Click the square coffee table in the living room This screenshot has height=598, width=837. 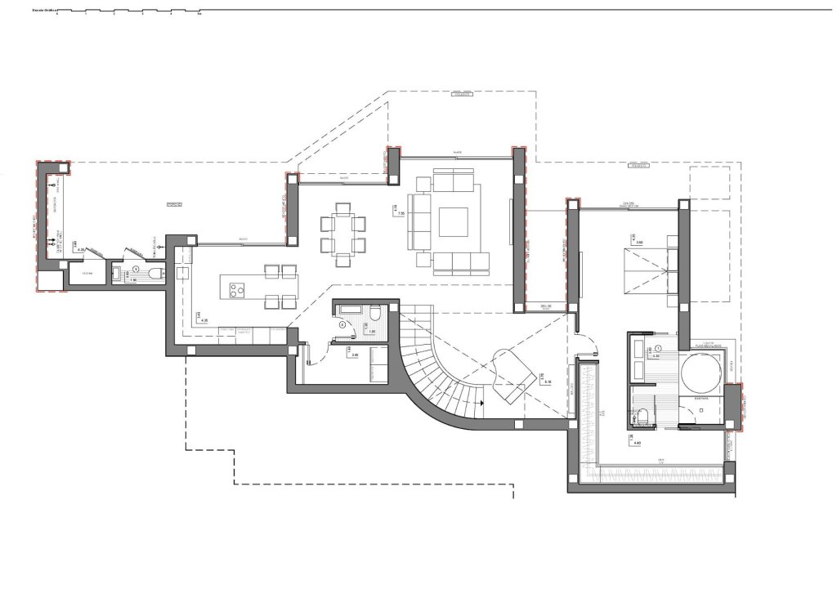pos(453,221)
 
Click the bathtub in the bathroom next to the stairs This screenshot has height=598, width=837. pos(351,308)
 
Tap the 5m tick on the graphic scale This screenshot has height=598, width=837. pos(199,14)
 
